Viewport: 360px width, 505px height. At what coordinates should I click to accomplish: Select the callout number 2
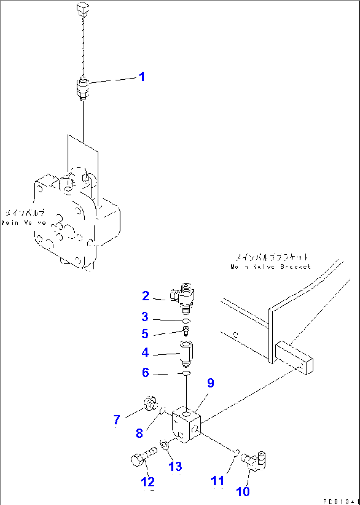tap(145, 296)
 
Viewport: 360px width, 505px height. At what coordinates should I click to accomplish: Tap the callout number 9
tap(210, 383)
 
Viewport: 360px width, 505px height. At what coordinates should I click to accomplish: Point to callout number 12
tap(148, 482)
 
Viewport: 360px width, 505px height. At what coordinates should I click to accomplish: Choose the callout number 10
tap(243, 491)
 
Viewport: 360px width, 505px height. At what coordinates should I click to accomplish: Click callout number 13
tap(175, 466)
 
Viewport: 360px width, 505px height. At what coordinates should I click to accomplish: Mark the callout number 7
tap(117, 420)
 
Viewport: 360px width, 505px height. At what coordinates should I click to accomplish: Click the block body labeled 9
tap(186, 424)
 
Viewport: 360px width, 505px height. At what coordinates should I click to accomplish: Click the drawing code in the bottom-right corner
tap(340, 501)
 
